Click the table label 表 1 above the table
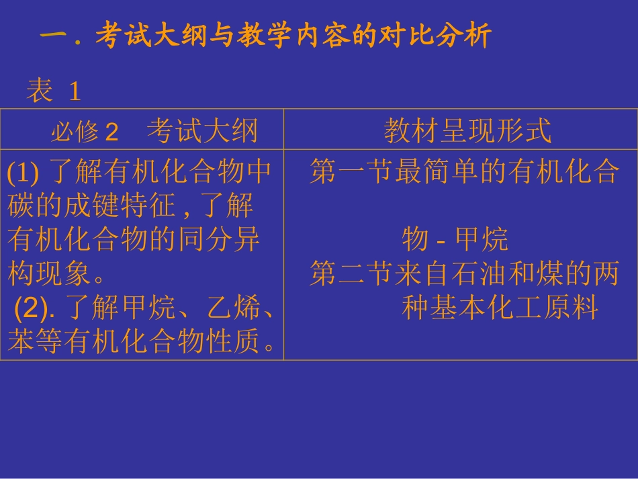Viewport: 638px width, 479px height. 54,91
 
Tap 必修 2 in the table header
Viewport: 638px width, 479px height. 84,132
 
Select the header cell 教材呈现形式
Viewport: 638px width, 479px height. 467,130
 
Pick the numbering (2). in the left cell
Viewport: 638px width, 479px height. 36,309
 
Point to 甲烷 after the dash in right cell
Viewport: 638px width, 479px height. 482,239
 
